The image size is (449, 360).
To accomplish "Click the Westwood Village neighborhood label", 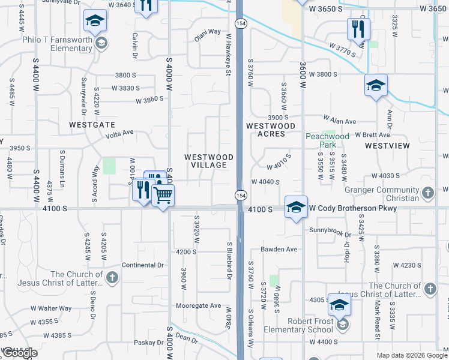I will (205, 161).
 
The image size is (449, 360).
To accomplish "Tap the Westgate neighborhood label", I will (92, 125).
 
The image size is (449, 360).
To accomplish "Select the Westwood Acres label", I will (270, 130).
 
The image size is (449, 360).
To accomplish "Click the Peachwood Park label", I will (327, 140).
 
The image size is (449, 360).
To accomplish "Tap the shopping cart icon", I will (163, 195).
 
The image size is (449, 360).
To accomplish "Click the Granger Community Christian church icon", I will (427, 193).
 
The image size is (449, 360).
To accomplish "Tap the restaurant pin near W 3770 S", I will (358, 29).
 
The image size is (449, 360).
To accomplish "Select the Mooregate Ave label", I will (199, 305).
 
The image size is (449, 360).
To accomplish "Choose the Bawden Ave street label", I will (279, 249).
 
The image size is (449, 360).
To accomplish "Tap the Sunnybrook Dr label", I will (330, 230).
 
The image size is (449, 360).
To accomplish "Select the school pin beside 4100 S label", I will (296, 207).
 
